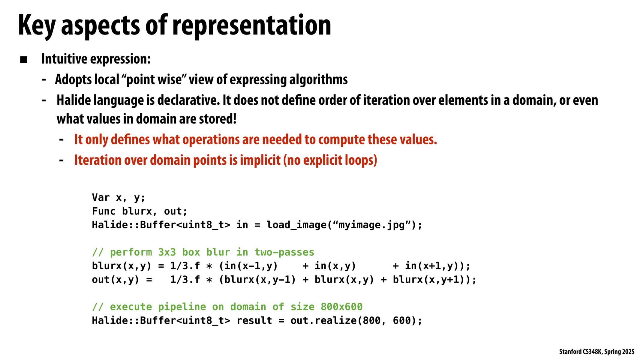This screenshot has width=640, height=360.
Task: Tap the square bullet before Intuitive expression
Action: point(24,60)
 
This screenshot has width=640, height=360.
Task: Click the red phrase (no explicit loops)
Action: point(330,160)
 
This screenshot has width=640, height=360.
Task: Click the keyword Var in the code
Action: point(101,198)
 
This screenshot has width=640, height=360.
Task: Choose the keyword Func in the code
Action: point(104,211)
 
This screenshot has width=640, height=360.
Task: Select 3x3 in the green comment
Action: point(167,252)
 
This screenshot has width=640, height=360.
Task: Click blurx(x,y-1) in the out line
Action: point(260,280)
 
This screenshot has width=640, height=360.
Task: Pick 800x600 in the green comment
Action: point(341,307)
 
